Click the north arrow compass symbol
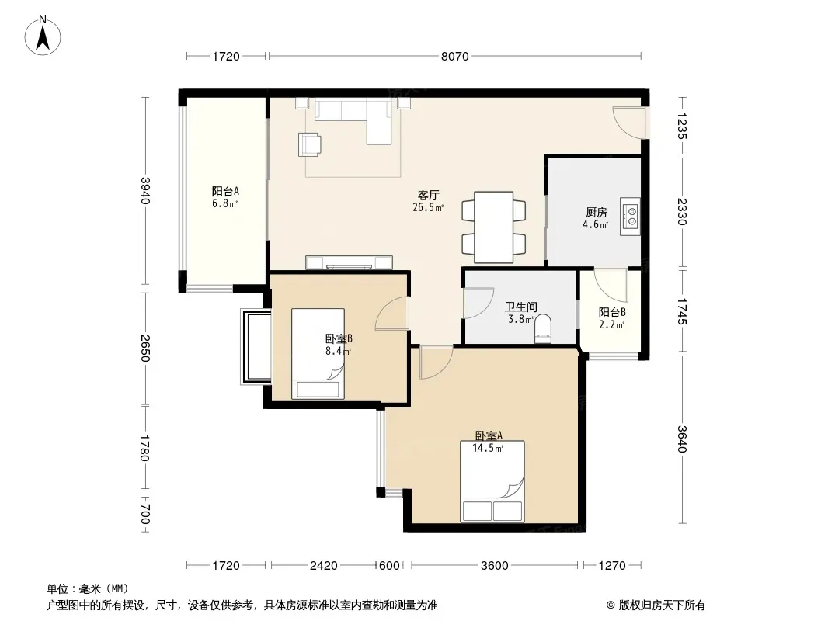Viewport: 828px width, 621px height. (43, 35)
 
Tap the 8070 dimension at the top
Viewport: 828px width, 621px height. (454, 57)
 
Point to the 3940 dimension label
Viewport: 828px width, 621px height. (146, 190)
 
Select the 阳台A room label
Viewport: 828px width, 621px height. (225, 191)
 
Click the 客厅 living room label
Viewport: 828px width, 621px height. (428, 195)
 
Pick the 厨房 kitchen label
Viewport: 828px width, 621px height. (597, 213)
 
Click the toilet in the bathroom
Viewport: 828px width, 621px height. (543, 329)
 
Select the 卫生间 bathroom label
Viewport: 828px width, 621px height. (520, 307)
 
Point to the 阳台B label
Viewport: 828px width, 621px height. (612, 312)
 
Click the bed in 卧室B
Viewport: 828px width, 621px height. (318, 353)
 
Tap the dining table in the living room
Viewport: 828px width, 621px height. (494, 227)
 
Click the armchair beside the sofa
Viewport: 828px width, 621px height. (309, 144)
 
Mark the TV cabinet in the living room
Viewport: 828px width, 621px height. (349, 262)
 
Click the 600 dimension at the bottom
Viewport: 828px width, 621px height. (389, 566)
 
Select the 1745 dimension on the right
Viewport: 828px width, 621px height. (682, 311)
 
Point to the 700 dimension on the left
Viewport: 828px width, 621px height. (146, 515)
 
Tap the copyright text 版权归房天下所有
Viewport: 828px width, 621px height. (662, 605)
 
